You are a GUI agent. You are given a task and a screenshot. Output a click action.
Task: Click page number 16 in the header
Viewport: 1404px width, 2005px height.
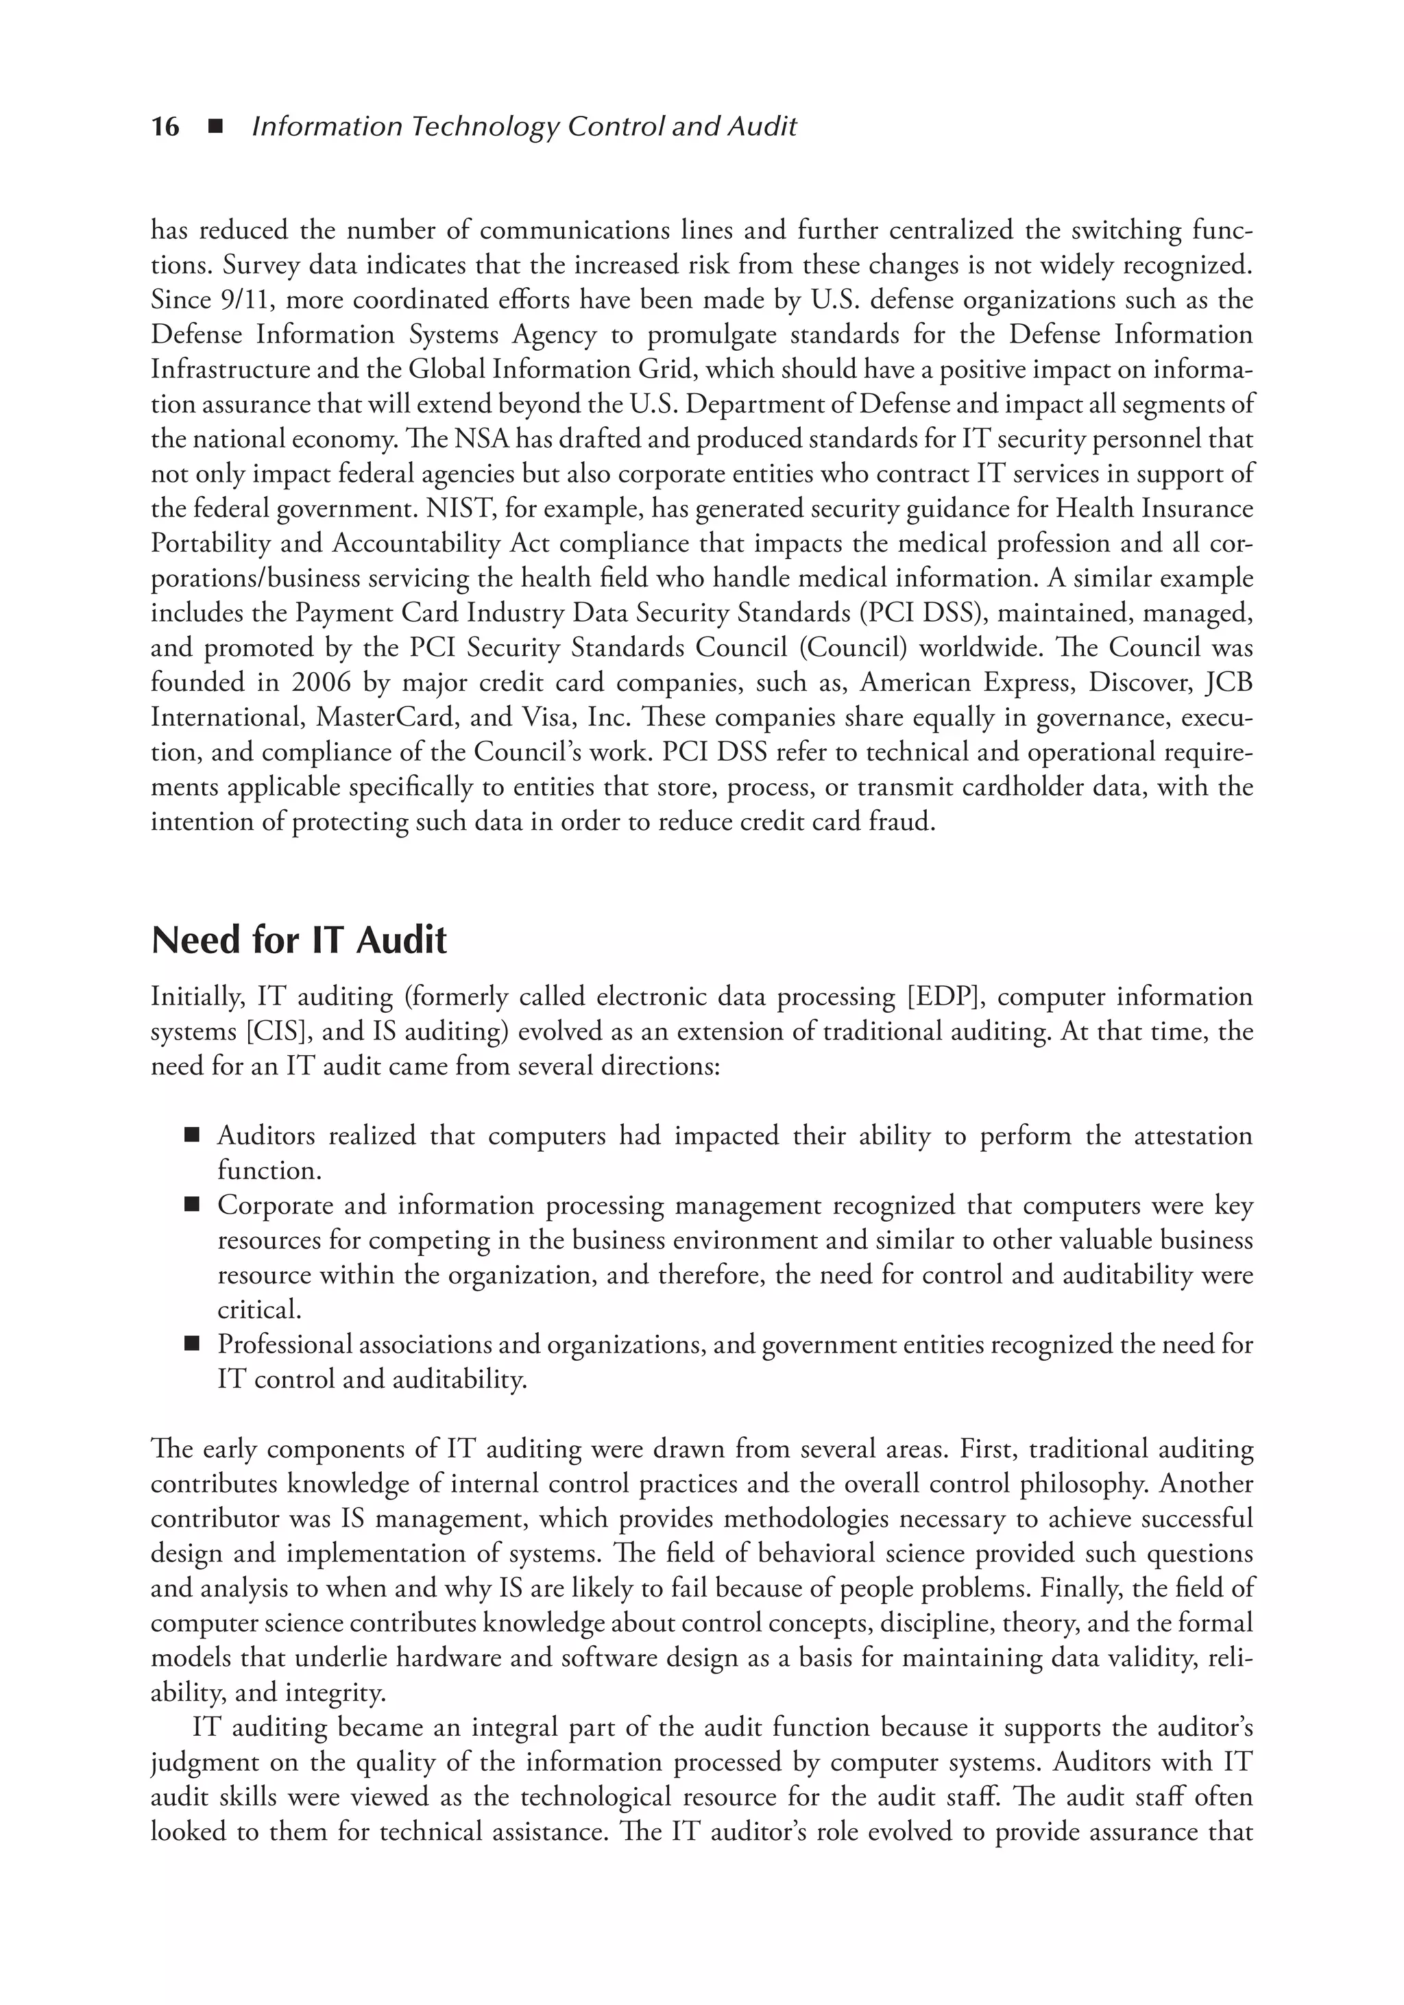[165, 127]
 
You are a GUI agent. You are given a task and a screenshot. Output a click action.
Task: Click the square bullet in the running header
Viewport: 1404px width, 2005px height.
[214, 127]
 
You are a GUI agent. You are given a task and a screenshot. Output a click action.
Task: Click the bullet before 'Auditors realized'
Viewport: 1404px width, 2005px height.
[192, 1136]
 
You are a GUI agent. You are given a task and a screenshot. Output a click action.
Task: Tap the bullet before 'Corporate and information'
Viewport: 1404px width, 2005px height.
[192, 1206]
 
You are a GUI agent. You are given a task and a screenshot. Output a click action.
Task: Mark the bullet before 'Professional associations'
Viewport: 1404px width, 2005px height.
[192, 1345]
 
